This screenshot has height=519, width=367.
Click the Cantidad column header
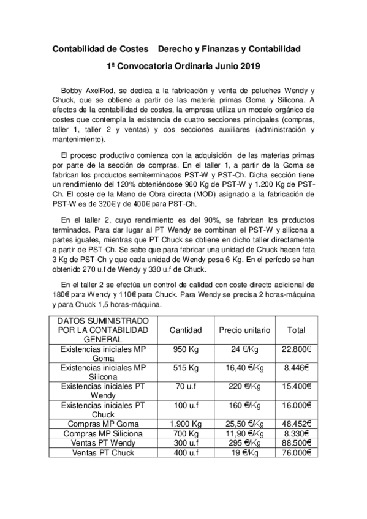(186, 330)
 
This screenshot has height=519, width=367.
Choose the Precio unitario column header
(244, 330)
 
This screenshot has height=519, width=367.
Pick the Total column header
(296, 330)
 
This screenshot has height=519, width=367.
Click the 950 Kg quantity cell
(186, 349)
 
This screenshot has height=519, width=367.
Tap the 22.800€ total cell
(296, 349)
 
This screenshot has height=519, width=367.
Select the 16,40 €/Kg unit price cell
(244, 368)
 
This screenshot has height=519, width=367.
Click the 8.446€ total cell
(296, 368)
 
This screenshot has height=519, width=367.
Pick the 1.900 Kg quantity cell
(186, 424)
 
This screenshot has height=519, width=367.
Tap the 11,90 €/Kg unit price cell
(244, 433)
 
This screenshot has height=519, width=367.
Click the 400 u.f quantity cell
(186, 453)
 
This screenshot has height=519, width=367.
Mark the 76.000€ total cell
(296, 453)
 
